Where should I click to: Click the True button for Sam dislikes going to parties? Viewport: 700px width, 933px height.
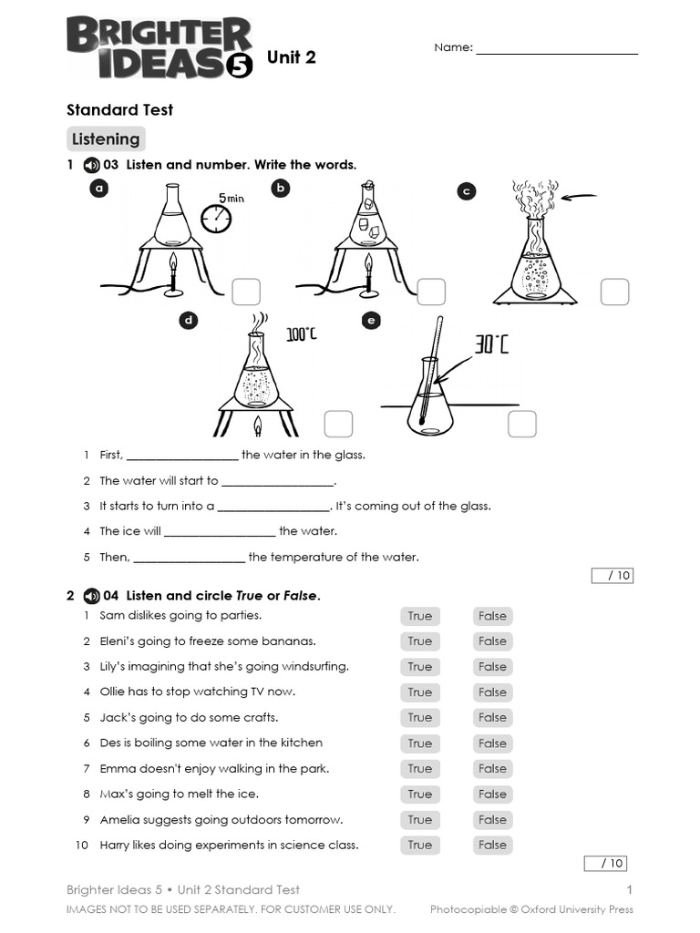coord(419,616)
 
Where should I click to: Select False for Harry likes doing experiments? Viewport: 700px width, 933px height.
coord(492,845)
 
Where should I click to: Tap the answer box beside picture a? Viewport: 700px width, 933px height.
coord(246,292)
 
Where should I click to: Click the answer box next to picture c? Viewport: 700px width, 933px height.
coord(614,292)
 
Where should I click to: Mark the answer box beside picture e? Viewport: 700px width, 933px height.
coord(522,424)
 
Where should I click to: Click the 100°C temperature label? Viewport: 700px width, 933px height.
coord(302,335)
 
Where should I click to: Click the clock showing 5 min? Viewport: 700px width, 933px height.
coord(216,217)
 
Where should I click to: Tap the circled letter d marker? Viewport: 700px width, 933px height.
coord(189,320)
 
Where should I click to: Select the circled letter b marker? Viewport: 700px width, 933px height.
coord(281,188)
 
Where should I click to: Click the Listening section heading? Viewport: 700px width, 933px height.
coord(106,139)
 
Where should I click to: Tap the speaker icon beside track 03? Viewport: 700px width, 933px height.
coord(90,165)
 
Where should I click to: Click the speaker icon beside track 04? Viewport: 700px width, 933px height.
coord(90,596)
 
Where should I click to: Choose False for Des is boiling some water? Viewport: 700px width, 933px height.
coord(492,743)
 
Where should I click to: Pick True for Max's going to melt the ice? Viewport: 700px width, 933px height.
coord(419,794)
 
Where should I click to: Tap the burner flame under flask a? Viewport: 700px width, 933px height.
coord(173,264)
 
